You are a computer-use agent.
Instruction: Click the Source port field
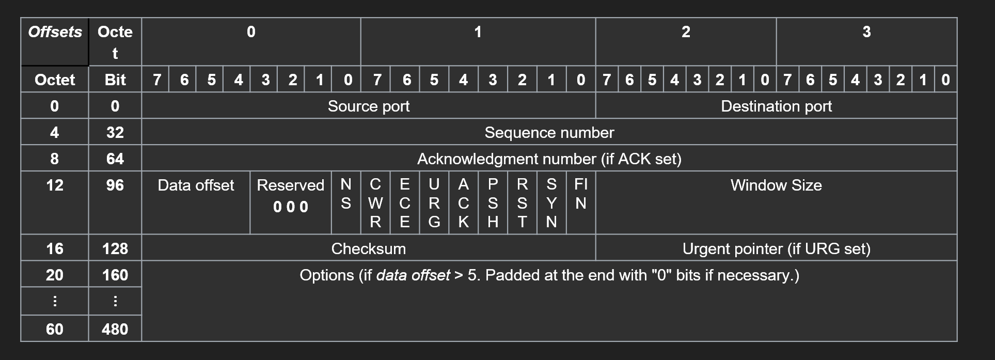coord(368,106)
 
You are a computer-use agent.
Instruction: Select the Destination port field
coord(776,106)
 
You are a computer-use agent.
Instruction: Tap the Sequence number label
coord(549,132)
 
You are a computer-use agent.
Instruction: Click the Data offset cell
coord(196,185)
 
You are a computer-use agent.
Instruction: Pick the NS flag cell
coord(345,194)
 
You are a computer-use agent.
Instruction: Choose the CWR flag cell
coord(375,202)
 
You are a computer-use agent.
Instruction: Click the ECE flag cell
coord(405,202)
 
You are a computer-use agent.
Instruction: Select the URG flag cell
coord(434,202)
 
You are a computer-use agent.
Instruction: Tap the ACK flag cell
coord(464,202)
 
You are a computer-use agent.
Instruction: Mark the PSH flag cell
coord(493,202)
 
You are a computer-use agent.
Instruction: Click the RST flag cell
coord(522,202)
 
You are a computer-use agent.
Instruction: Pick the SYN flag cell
coord(551,202)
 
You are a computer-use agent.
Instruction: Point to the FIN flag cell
coord(581,194)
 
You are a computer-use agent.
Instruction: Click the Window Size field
coord(776,185)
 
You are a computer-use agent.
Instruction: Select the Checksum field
coord(368,248)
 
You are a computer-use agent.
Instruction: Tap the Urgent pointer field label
coord(776,248)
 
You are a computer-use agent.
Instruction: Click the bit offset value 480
coord(115,329)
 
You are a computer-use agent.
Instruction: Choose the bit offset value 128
coord(115,248)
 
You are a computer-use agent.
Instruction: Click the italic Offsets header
coord(55,32)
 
